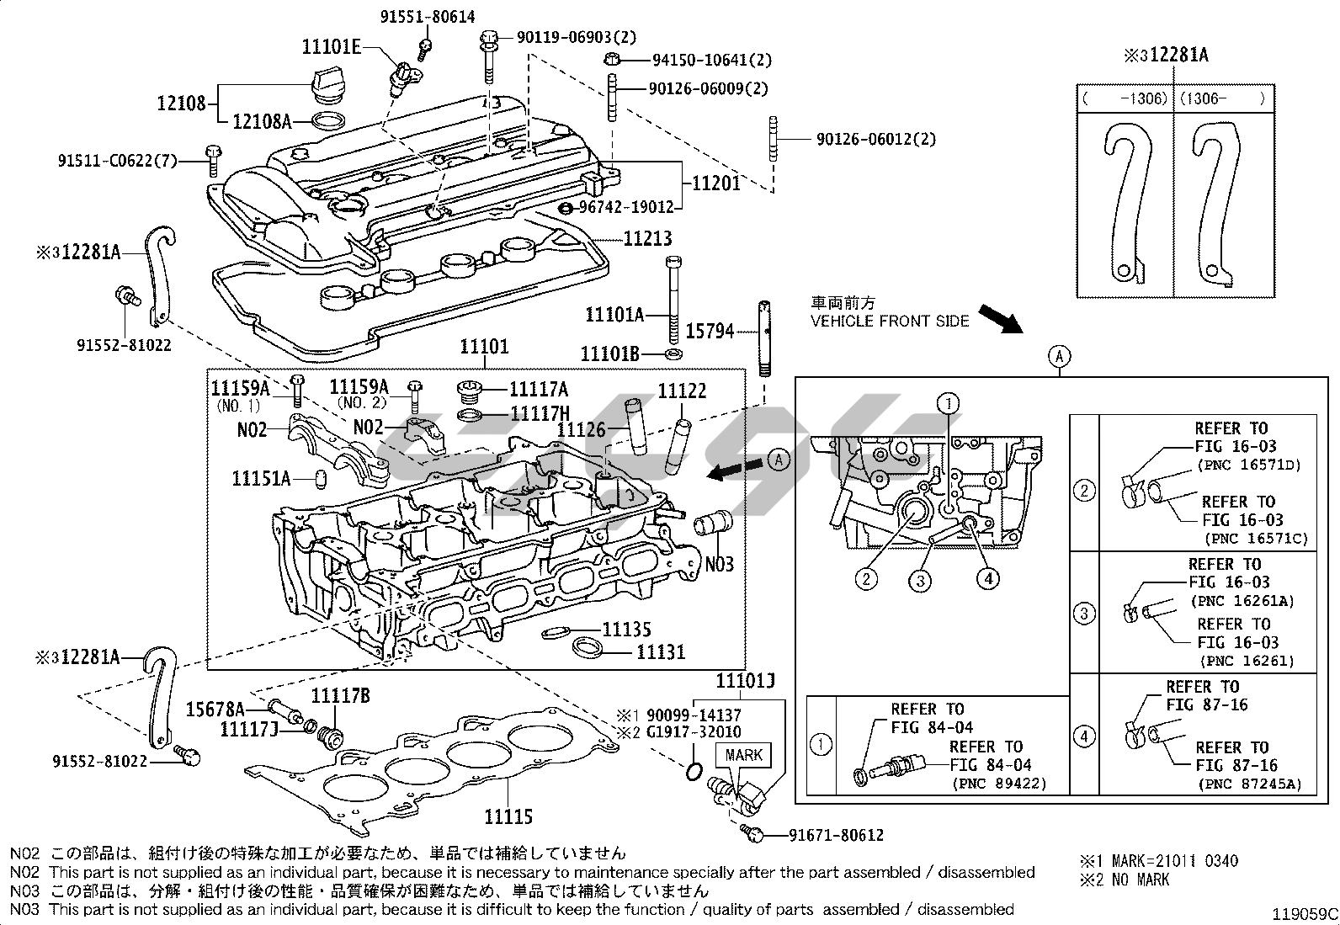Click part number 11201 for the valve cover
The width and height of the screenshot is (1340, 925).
tap(715, 183)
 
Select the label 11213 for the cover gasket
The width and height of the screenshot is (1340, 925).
tap(648, 239)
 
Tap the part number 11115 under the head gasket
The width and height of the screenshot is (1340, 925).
tap(508, 816)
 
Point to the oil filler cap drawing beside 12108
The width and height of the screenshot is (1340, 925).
tap(322, 82)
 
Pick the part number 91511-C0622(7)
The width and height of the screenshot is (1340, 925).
tap(119, 159)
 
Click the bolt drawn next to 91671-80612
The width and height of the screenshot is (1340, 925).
tap(754, 835)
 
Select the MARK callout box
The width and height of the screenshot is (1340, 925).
tap(743, 755)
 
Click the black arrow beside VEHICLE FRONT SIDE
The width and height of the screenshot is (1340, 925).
tap(1000, 319)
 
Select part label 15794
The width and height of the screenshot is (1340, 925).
tap(710, 332)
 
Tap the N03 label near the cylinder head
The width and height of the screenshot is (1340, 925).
tap(719, 563)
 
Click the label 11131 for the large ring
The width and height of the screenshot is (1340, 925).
tap(660, 651)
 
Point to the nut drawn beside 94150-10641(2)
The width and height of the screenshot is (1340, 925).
tap(614, 59)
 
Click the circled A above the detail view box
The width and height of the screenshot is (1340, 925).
tap(1060, 357)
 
